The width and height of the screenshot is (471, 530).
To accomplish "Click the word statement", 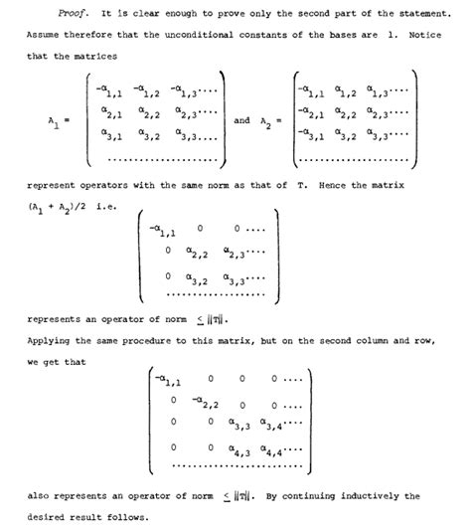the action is click(403, 20).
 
